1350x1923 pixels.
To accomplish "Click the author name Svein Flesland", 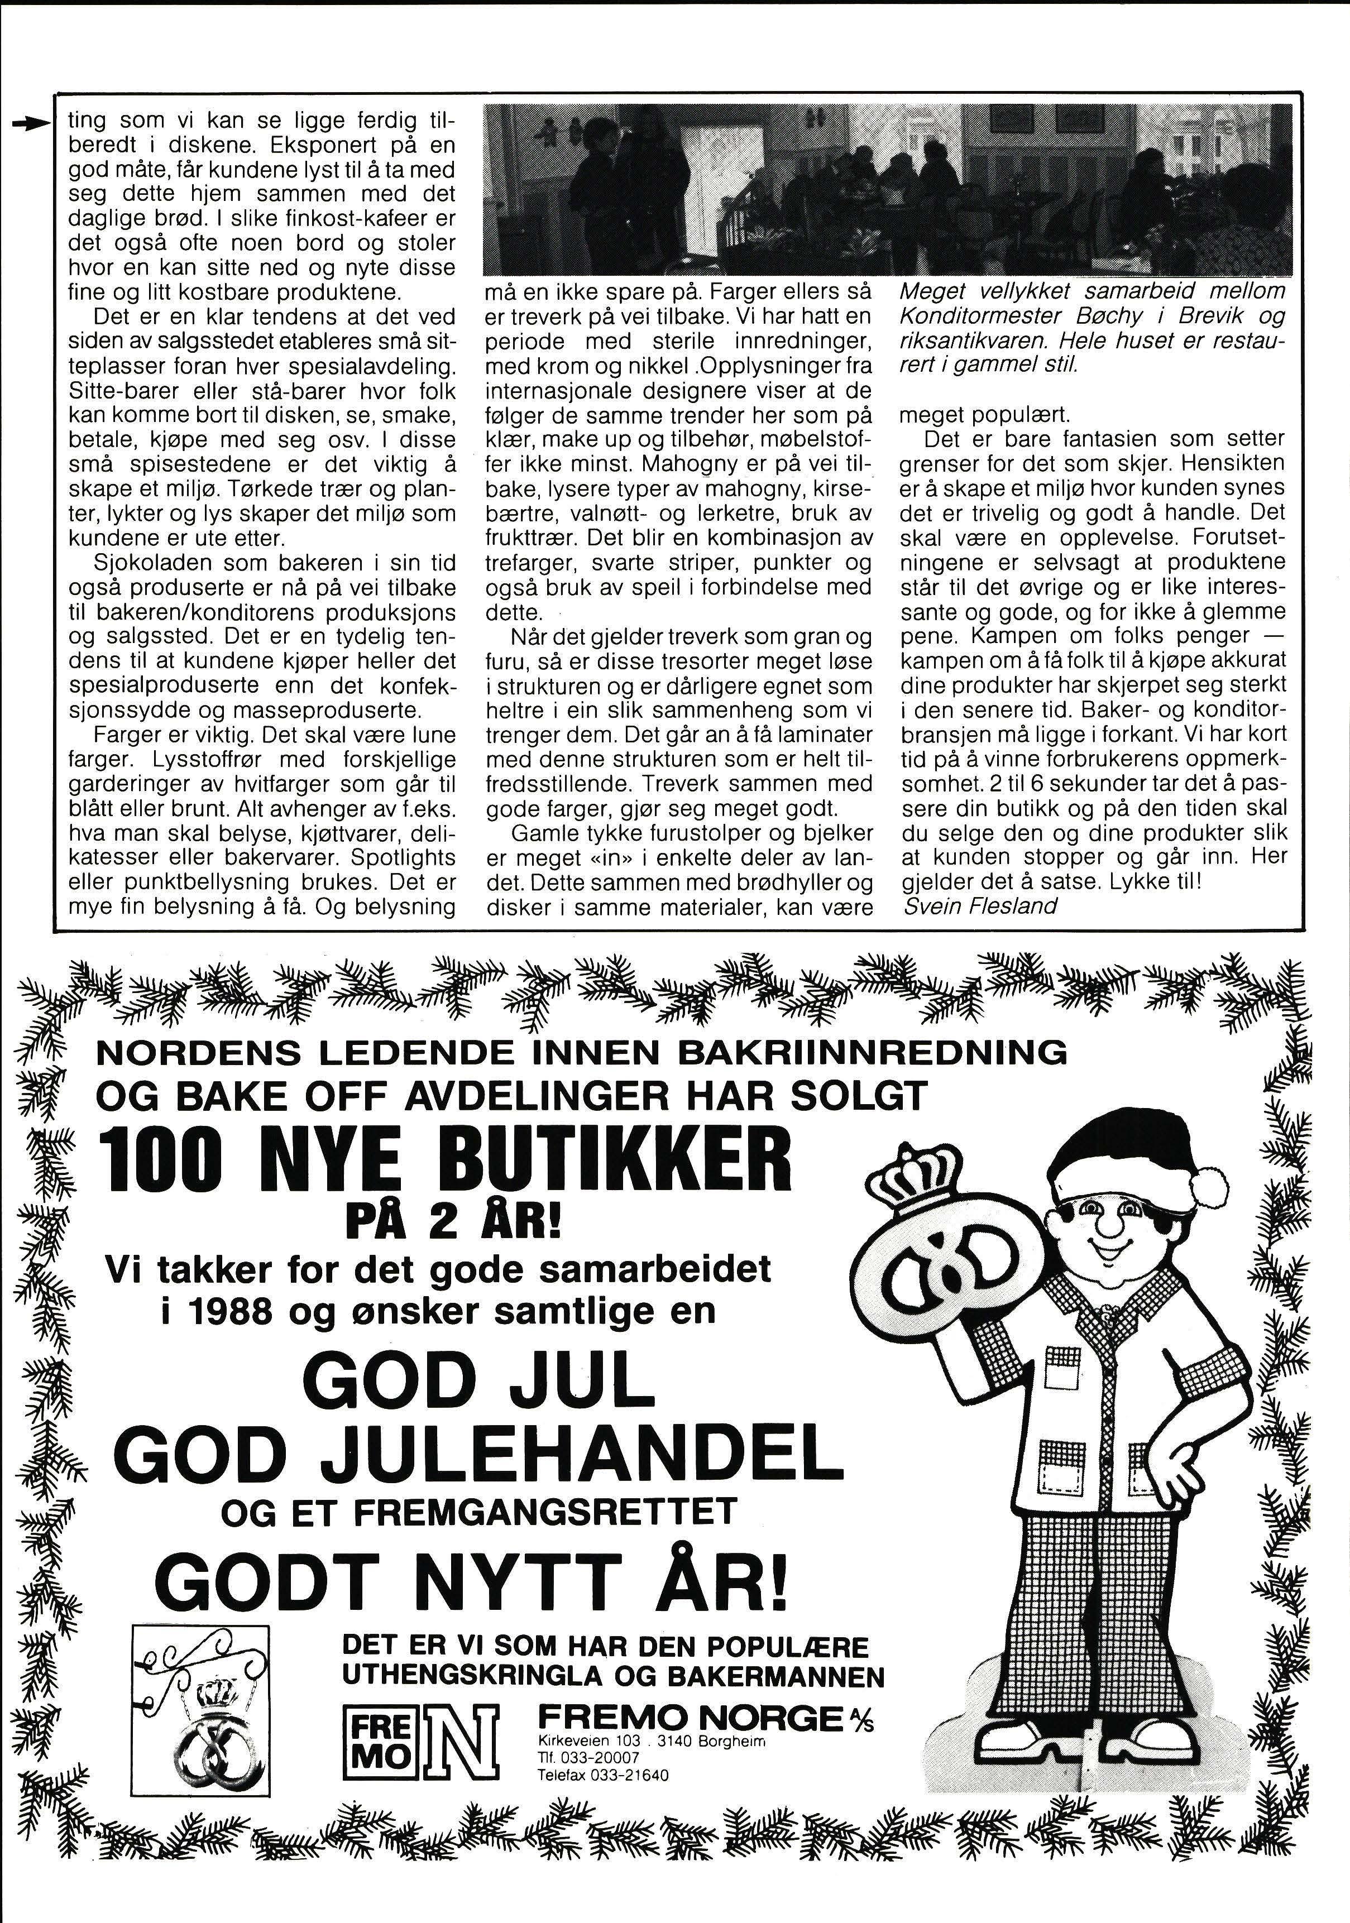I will [980, 905].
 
